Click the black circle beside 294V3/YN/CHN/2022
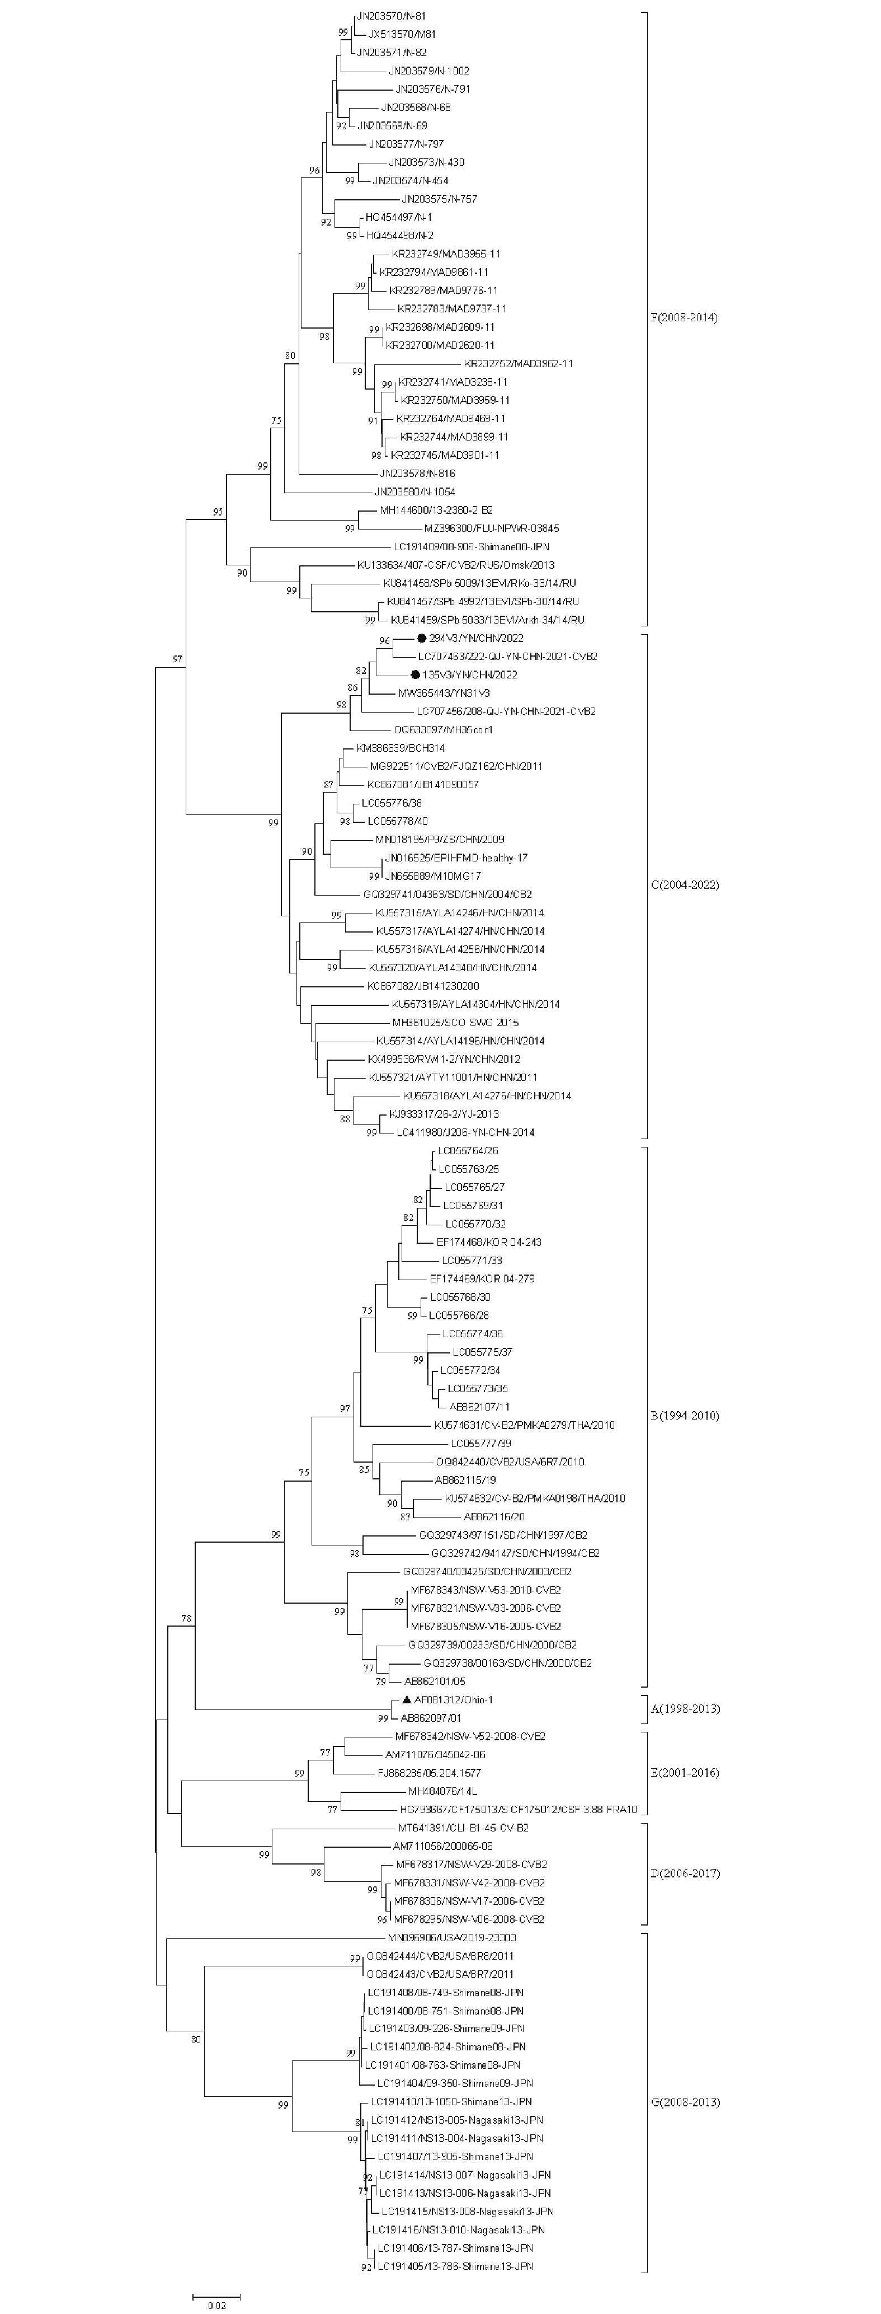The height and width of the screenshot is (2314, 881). [x=420, y=638]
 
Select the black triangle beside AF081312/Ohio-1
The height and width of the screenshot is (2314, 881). [x=407, y=1699]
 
